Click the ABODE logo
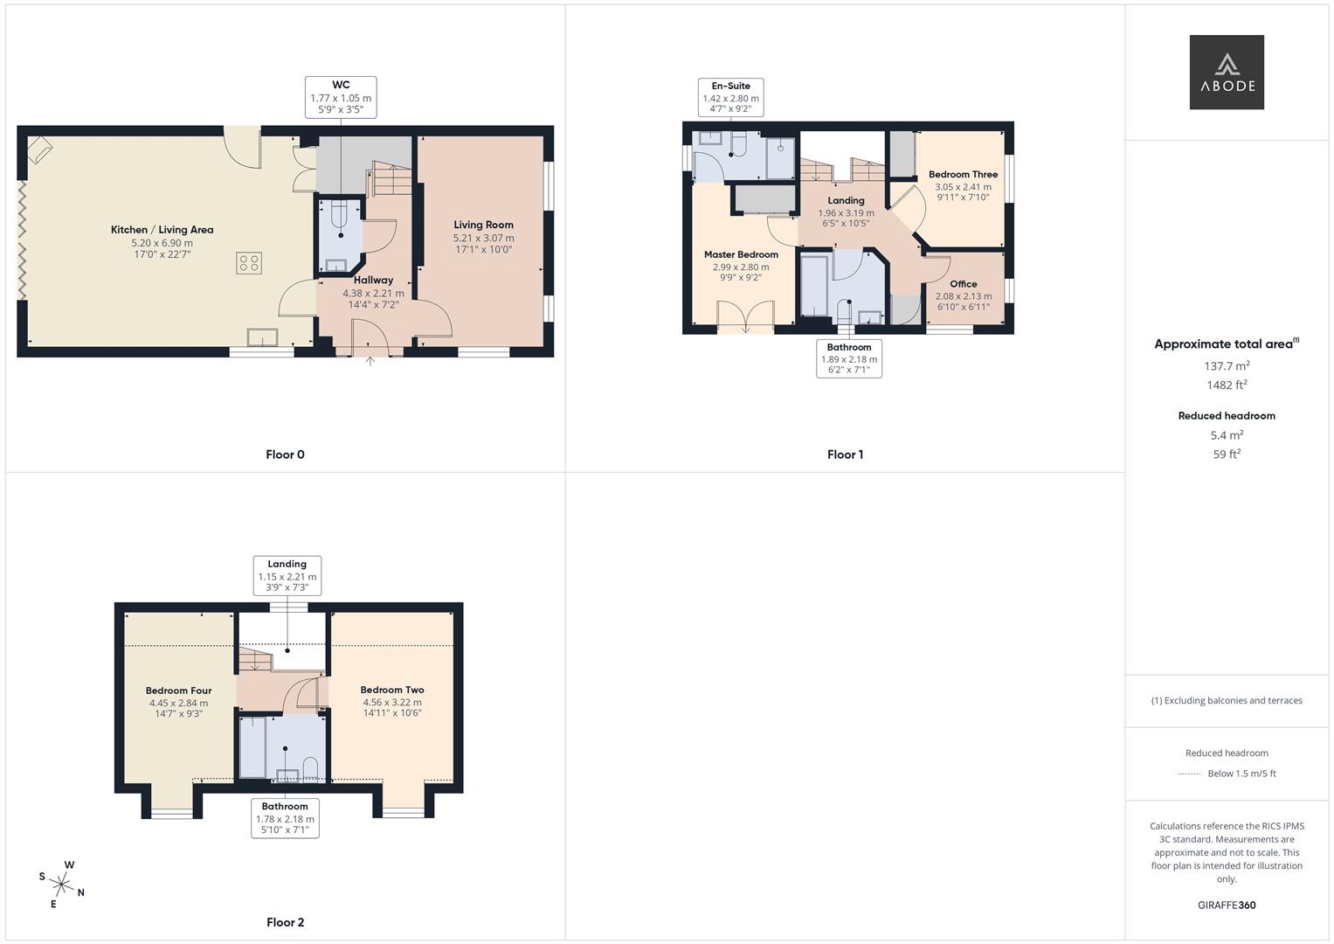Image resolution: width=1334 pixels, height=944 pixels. [1227, 72]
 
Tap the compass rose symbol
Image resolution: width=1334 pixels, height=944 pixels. [62, 885]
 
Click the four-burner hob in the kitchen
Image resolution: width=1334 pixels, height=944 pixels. [249, 263]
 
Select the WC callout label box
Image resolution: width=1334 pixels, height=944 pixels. [341, 97]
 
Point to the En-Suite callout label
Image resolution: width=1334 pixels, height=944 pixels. [730, 97]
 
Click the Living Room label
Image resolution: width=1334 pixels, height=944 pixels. [484, 225]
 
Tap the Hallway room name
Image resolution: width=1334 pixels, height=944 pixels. [373, 280]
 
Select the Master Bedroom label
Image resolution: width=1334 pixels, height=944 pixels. [741, 254]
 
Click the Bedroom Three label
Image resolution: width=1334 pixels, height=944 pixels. [963, 175]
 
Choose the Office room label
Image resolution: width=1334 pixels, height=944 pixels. [963, 284]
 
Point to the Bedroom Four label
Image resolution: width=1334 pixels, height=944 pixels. [179, 691]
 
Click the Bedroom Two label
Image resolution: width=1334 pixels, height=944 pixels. [392, 690]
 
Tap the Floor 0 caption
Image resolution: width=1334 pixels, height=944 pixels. [285, 455]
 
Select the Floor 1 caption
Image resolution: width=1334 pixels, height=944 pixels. [845, 455]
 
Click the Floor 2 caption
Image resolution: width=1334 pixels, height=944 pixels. [286, 922]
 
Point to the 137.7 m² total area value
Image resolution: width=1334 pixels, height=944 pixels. [1227, 366]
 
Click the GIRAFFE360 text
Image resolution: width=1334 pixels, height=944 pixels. [1227, 906]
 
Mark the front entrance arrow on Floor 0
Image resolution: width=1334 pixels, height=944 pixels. [370, 360]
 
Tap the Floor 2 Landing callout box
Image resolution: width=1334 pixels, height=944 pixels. [287, 576]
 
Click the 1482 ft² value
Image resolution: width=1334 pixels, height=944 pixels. [1227, 385]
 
